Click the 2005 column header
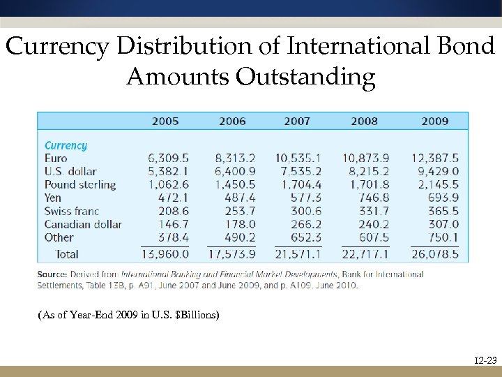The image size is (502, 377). coord(165,121)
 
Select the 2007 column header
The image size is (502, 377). coord(297,121)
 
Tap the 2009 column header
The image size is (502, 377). coord(435,121)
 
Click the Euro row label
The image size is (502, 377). coord(56,158)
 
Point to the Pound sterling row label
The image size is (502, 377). coord(80,185)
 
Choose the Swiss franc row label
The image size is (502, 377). coord(72,211)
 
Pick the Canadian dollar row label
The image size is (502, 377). coord(83,224)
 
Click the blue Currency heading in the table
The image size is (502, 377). coord(66,145)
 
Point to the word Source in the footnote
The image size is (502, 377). coord(54,274)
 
